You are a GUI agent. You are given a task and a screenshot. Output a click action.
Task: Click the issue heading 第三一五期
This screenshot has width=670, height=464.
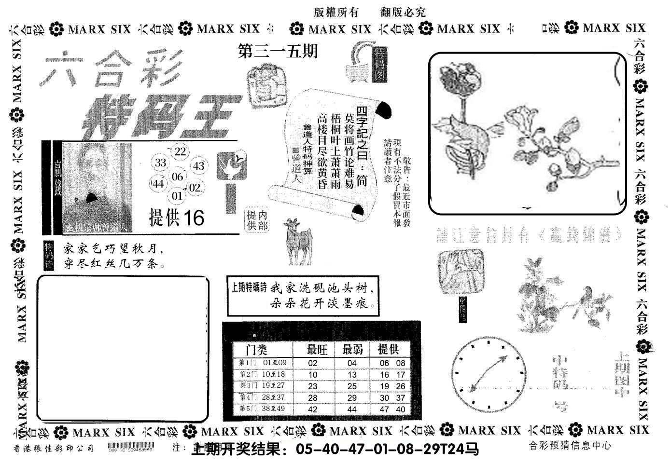279,51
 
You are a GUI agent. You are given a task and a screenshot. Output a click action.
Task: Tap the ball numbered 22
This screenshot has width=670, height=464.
180,151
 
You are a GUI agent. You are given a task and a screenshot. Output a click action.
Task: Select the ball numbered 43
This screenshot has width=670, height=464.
198,166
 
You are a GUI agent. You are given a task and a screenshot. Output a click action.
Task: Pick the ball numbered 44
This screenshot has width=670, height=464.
158,183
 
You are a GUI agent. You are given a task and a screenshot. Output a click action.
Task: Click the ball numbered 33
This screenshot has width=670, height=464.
161,163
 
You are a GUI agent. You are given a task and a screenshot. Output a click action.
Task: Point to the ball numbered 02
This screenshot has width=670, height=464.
195,188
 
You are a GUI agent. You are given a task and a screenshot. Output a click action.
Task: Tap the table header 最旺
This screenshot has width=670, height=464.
318,349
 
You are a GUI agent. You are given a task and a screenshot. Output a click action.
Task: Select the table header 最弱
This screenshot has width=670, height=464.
352,349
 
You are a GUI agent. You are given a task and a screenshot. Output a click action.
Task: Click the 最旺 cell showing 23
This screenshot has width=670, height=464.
313,386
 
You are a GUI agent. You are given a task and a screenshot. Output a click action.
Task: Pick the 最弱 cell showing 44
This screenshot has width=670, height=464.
351,409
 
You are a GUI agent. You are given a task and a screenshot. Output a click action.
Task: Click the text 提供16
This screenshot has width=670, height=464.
177,218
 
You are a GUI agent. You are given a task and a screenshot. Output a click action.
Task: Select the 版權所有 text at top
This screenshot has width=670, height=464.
335,13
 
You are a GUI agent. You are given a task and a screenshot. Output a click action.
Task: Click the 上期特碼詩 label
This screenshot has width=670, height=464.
249,288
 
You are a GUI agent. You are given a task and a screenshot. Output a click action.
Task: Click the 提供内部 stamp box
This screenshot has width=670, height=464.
256,221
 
